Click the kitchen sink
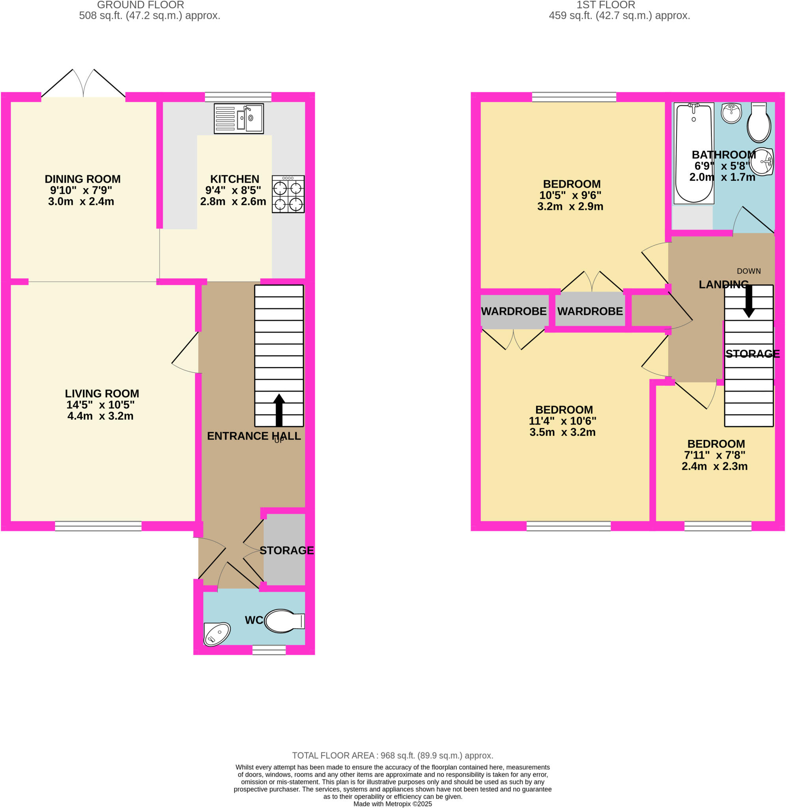(239, 119)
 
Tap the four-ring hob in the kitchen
(288, 194)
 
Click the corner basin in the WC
(216, 634)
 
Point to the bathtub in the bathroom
(694, 153)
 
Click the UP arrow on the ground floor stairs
(279, 409)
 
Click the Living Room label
(102, 393)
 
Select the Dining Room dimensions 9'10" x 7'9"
(81, 190)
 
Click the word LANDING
(723, 284)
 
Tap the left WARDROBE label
(514, 311)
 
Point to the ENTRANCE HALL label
(253, 436)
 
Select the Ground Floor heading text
(140, 5)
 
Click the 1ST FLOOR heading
(606, 5)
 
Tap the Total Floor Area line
(393, 756)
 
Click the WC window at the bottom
(269, 650)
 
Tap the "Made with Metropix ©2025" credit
(393, 804)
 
